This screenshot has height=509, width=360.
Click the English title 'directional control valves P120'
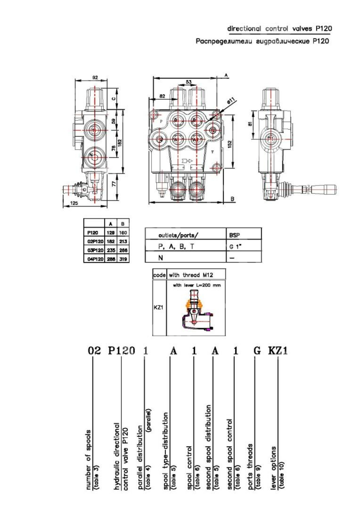pos(279,28)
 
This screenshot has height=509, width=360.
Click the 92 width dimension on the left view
pos(95,77)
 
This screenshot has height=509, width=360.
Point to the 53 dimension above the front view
pos(189,82)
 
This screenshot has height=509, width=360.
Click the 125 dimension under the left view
pos(74,203)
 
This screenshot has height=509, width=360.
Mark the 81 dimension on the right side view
pos(250,124)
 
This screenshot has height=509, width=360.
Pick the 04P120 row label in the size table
pos(94,259)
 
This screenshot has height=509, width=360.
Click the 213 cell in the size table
pos(123,242)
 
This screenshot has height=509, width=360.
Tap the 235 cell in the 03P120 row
pos(111,250)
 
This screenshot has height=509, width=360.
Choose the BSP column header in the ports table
pos(234,235)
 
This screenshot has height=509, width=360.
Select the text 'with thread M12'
pos(191,275)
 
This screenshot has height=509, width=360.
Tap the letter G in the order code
pos(257,351)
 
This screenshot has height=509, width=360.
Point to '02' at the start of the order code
pos(94,351)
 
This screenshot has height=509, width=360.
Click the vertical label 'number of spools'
pos(89,460)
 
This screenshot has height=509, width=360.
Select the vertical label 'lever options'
pos(274,468)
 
